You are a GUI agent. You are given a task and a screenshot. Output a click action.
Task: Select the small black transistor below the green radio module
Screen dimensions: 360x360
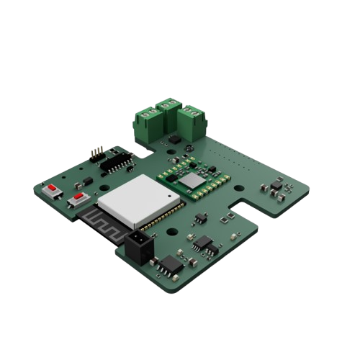coord(201,215)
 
